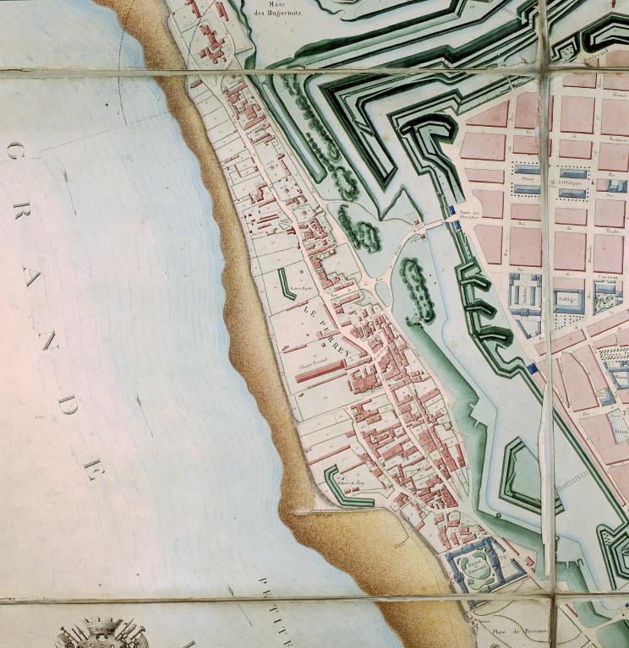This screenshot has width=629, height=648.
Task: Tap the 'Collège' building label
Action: coord(566,297)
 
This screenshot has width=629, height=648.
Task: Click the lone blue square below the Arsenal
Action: coord(532,368)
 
